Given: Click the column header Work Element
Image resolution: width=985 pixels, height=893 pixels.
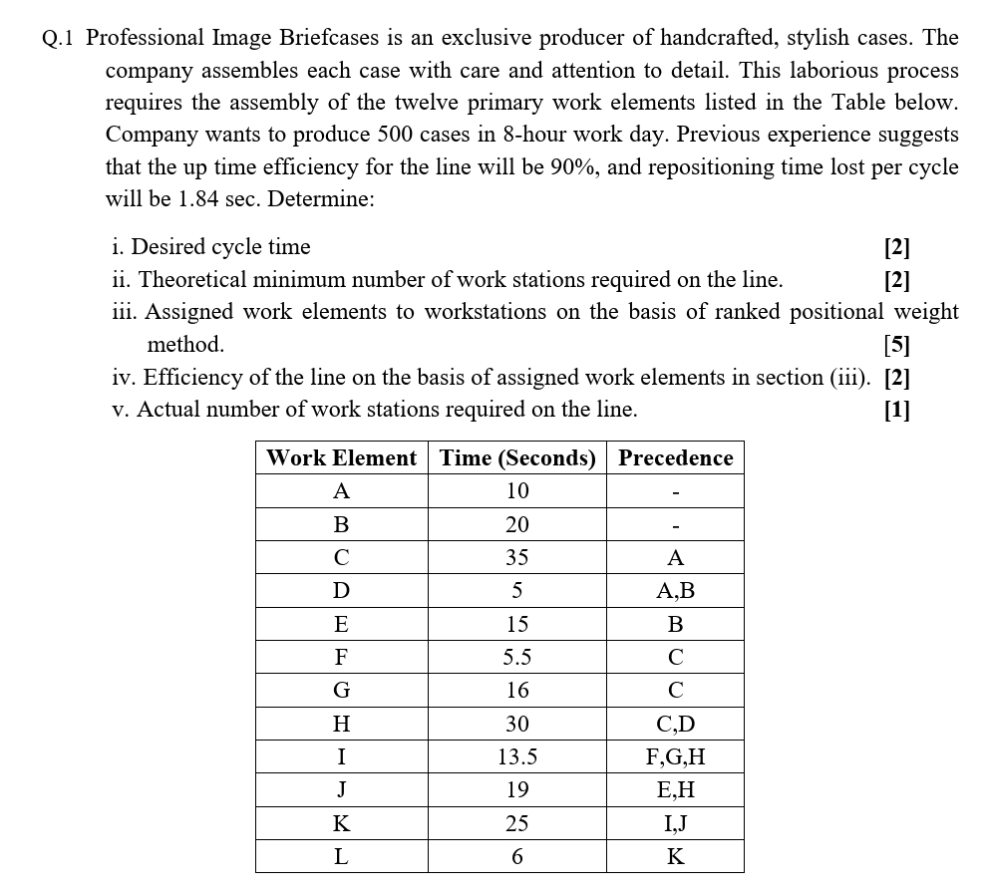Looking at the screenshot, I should click(x=341, y=458).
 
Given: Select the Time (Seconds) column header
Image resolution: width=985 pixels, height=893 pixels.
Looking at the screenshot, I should click(x=517, y=458).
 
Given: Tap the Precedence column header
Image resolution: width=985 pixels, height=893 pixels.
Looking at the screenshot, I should click(x=675, y=458).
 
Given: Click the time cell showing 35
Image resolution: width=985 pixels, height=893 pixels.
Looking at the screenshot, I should click(x=517, y=557).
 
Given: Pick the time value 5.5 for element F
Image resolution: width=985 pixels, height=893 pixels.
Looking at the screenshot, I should click(x=517, y=657).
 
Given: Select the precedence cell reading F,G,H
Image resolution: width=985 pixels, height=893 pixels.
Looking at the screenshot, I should click(x=675, y=756).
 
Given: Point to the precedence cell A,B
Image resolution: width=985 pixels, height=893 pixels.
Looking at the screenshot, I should click(x=675, y=591).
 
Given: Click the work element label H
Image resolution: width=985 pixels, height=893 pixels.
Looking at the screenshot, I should click(x=341, y=724).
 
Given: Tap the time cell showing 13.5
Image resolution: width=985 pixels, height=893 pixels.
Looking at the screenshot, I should click(x=517, y=756).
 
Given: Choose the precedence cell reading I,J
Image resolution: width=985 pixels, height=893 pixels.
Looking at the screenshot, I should click(x=675, y=823).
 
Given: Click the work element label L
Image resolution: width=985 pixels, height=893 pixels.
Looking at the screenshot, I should click(x=341, y=856).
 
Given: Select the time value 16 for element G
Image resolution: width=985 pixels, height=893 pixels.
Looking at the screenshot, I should click(x=517, y=691).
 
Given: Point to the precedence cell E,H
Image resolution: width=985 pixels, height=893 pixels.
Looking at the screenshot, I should click(x=675, y=790).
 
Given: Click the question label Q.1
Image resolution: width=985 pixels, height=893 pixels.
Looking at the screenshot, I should click(x=59, y=39).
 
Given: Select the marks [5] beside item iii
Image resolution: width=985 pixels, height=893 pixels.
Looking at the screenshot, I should click(x=896, y=345).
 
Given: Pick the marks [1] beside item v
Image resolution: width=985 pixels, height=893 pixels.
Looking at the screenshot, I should click(x=896, y=410).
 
